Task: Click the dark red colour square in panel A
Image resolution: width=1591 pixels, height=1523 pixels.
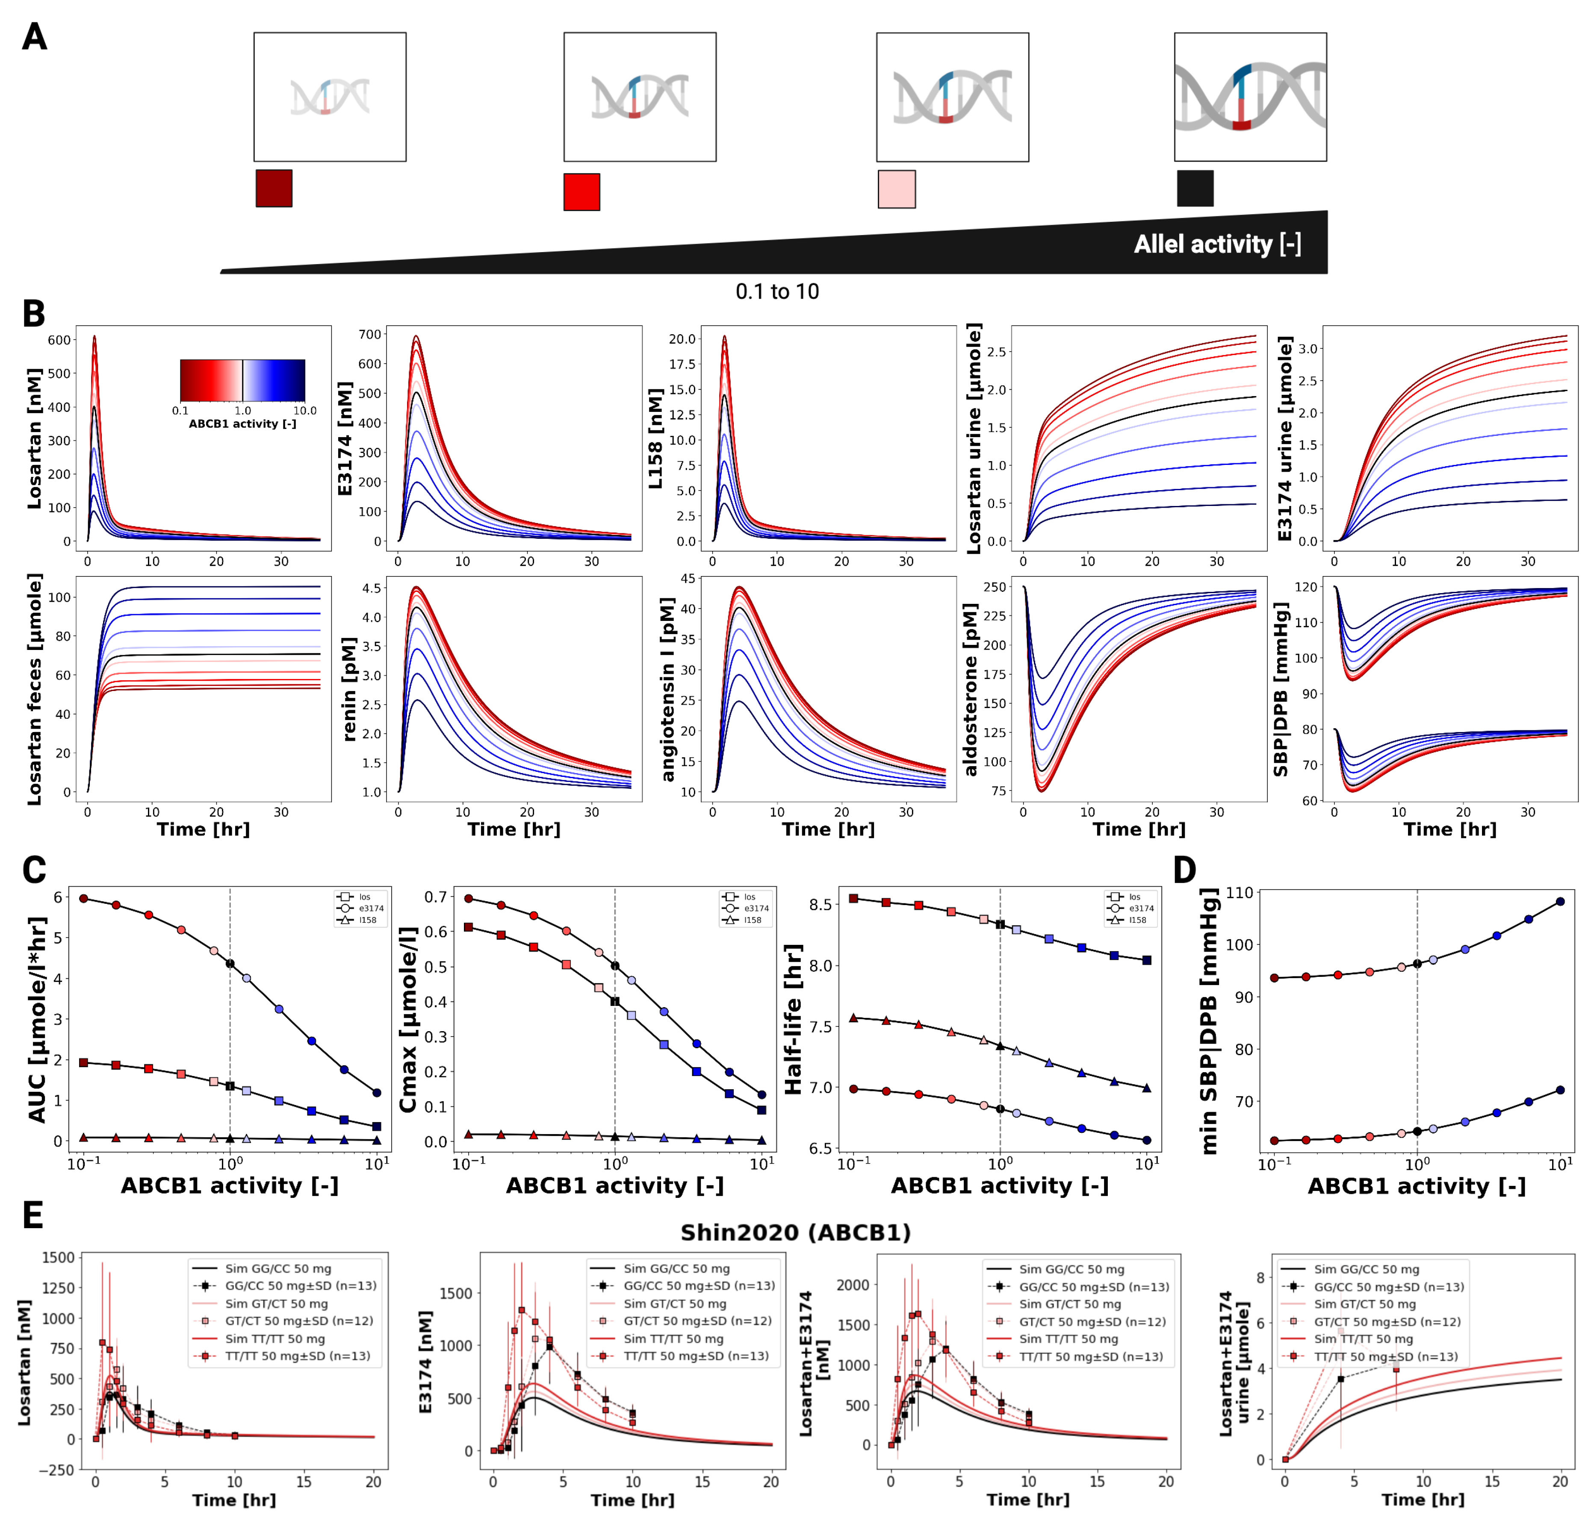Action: click(x=274, y=188)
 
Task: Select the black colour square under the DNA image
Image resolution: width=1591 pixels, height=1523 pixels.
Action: click(x=1195, y=188)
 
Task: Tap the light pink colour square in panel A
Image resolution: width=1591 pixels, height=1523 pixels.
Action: click(x=896, y=189)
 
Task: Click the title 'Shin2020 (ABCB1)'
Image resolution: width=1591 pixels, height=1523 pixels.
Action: click(x=795, y=1232)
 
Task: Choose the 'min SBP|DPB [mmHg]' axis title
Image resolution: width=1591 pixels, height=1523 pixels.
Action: click(x=1210, y=1021)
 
